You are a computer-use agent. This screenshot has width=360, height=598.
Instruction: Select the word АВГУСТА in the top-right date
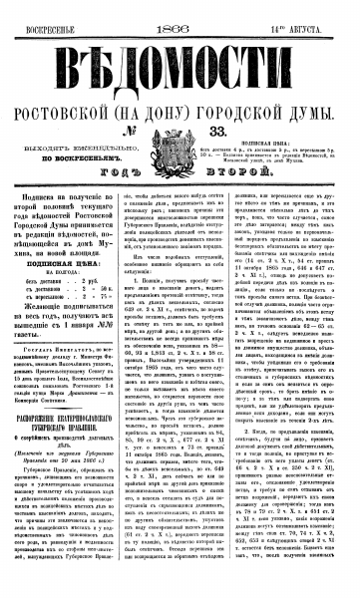tap(325, 9)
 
